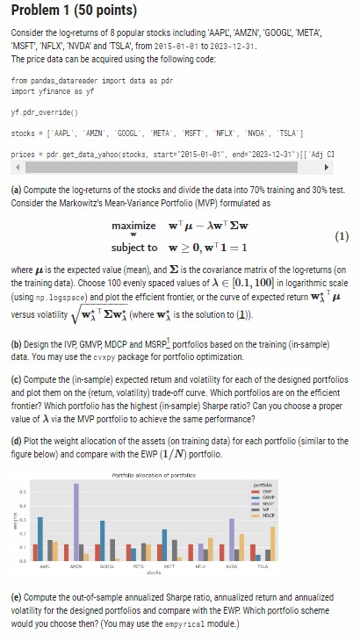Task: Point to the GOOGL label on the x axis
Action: pos(115,566)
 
